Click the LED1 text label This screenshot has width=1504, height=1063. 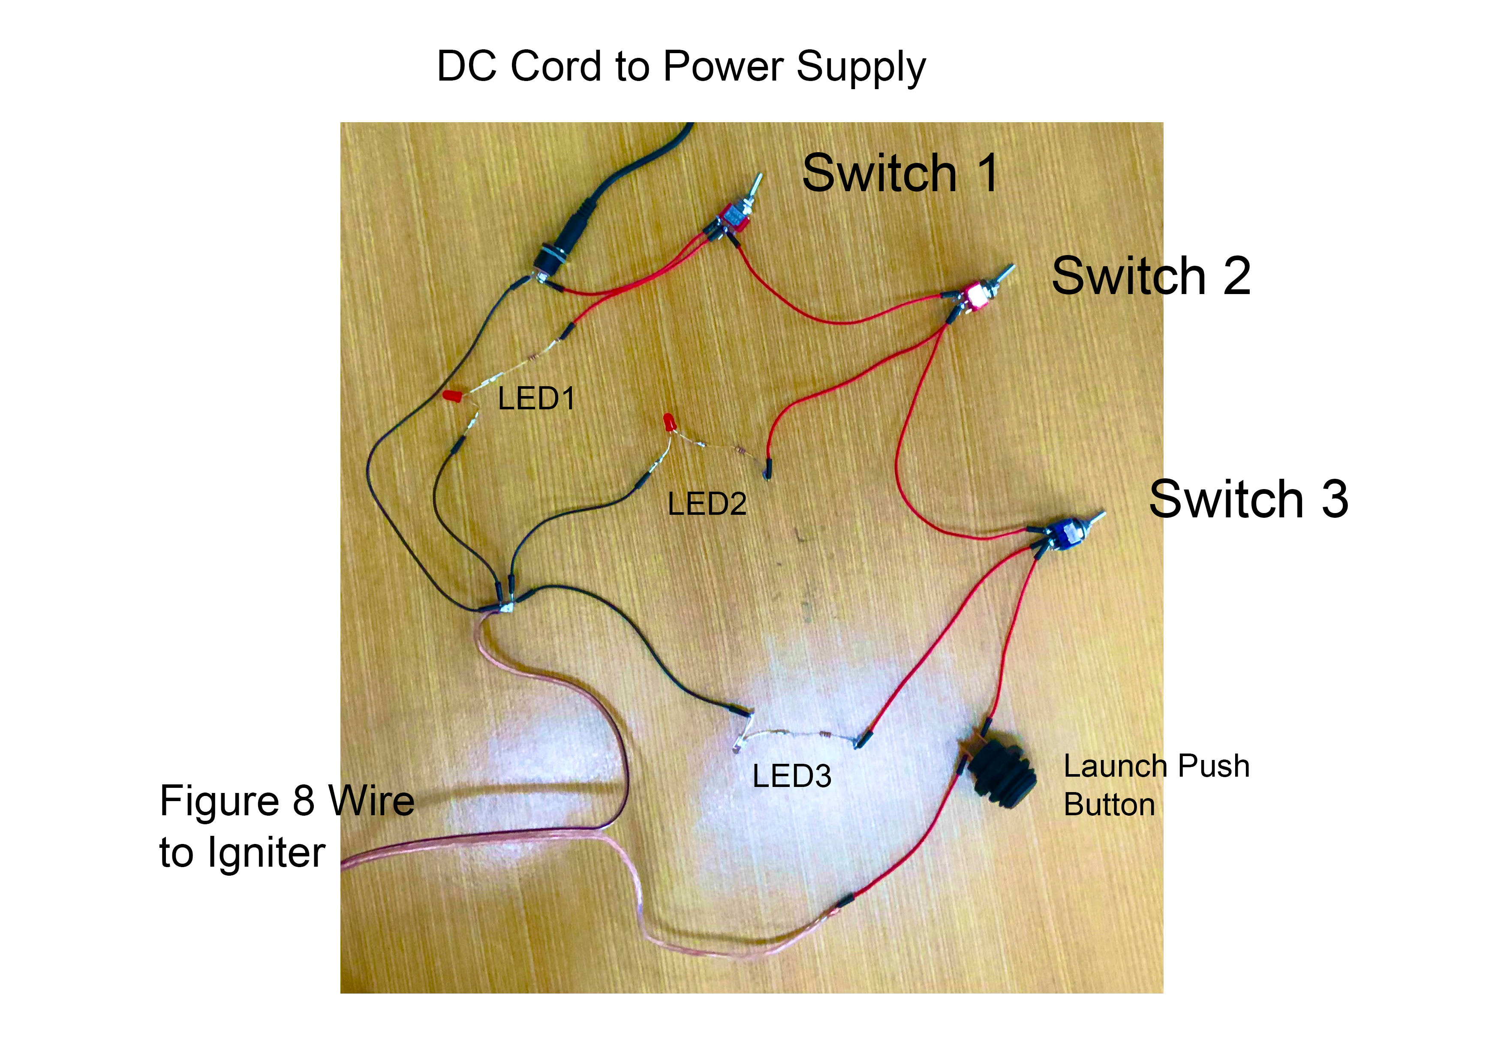pos(536,398)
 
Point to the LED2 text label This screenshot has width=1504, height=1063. pos(707,504)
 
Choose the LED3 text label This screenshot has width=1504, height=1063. pos(792,776)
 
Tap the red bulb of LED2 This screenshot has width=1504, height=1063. pos(668,422)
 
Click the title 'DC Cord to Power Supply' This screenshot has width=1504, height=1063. pos(681,67)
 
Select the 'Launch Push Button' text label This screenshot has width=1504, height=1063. pos(1157,785)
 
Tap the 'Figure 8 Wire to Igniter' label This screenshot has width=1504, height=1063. pos(287,826)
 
